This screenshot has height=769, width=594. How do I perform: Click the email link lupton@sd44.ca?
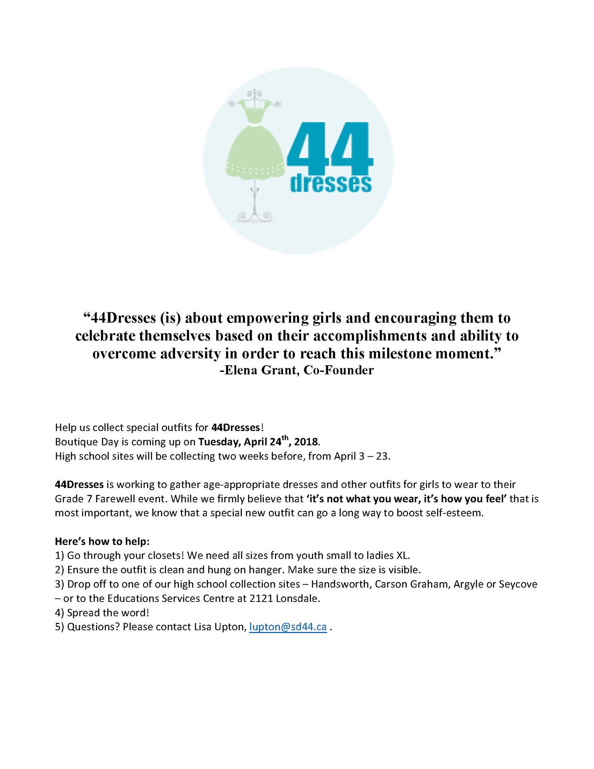pyautogui.click(x=288, y=627)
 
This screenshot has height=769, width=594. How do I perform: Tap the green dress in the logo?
pyautogui.click(x=255, y=148)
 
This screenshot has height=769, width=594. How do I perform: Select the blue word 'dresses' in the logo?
pyautogui.click(x=331, y=183)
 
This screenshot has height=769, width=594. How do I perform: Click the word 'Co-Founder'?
pyautogui.click(x=339, y=370)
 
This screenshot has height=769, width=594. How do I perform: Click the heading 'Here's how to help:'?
pyautogui.click(x=102, y=542)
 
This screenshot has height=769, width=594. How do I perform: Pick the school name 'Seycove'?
pyautogui.click(x=518, y=584)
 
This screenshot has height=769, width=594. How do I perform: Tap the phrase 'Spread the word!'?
pyautogui.click(x=108, y=613)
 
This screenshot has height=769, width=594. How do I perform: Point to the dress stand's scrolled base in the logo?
pyautogui.click(x=255, y=216)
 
